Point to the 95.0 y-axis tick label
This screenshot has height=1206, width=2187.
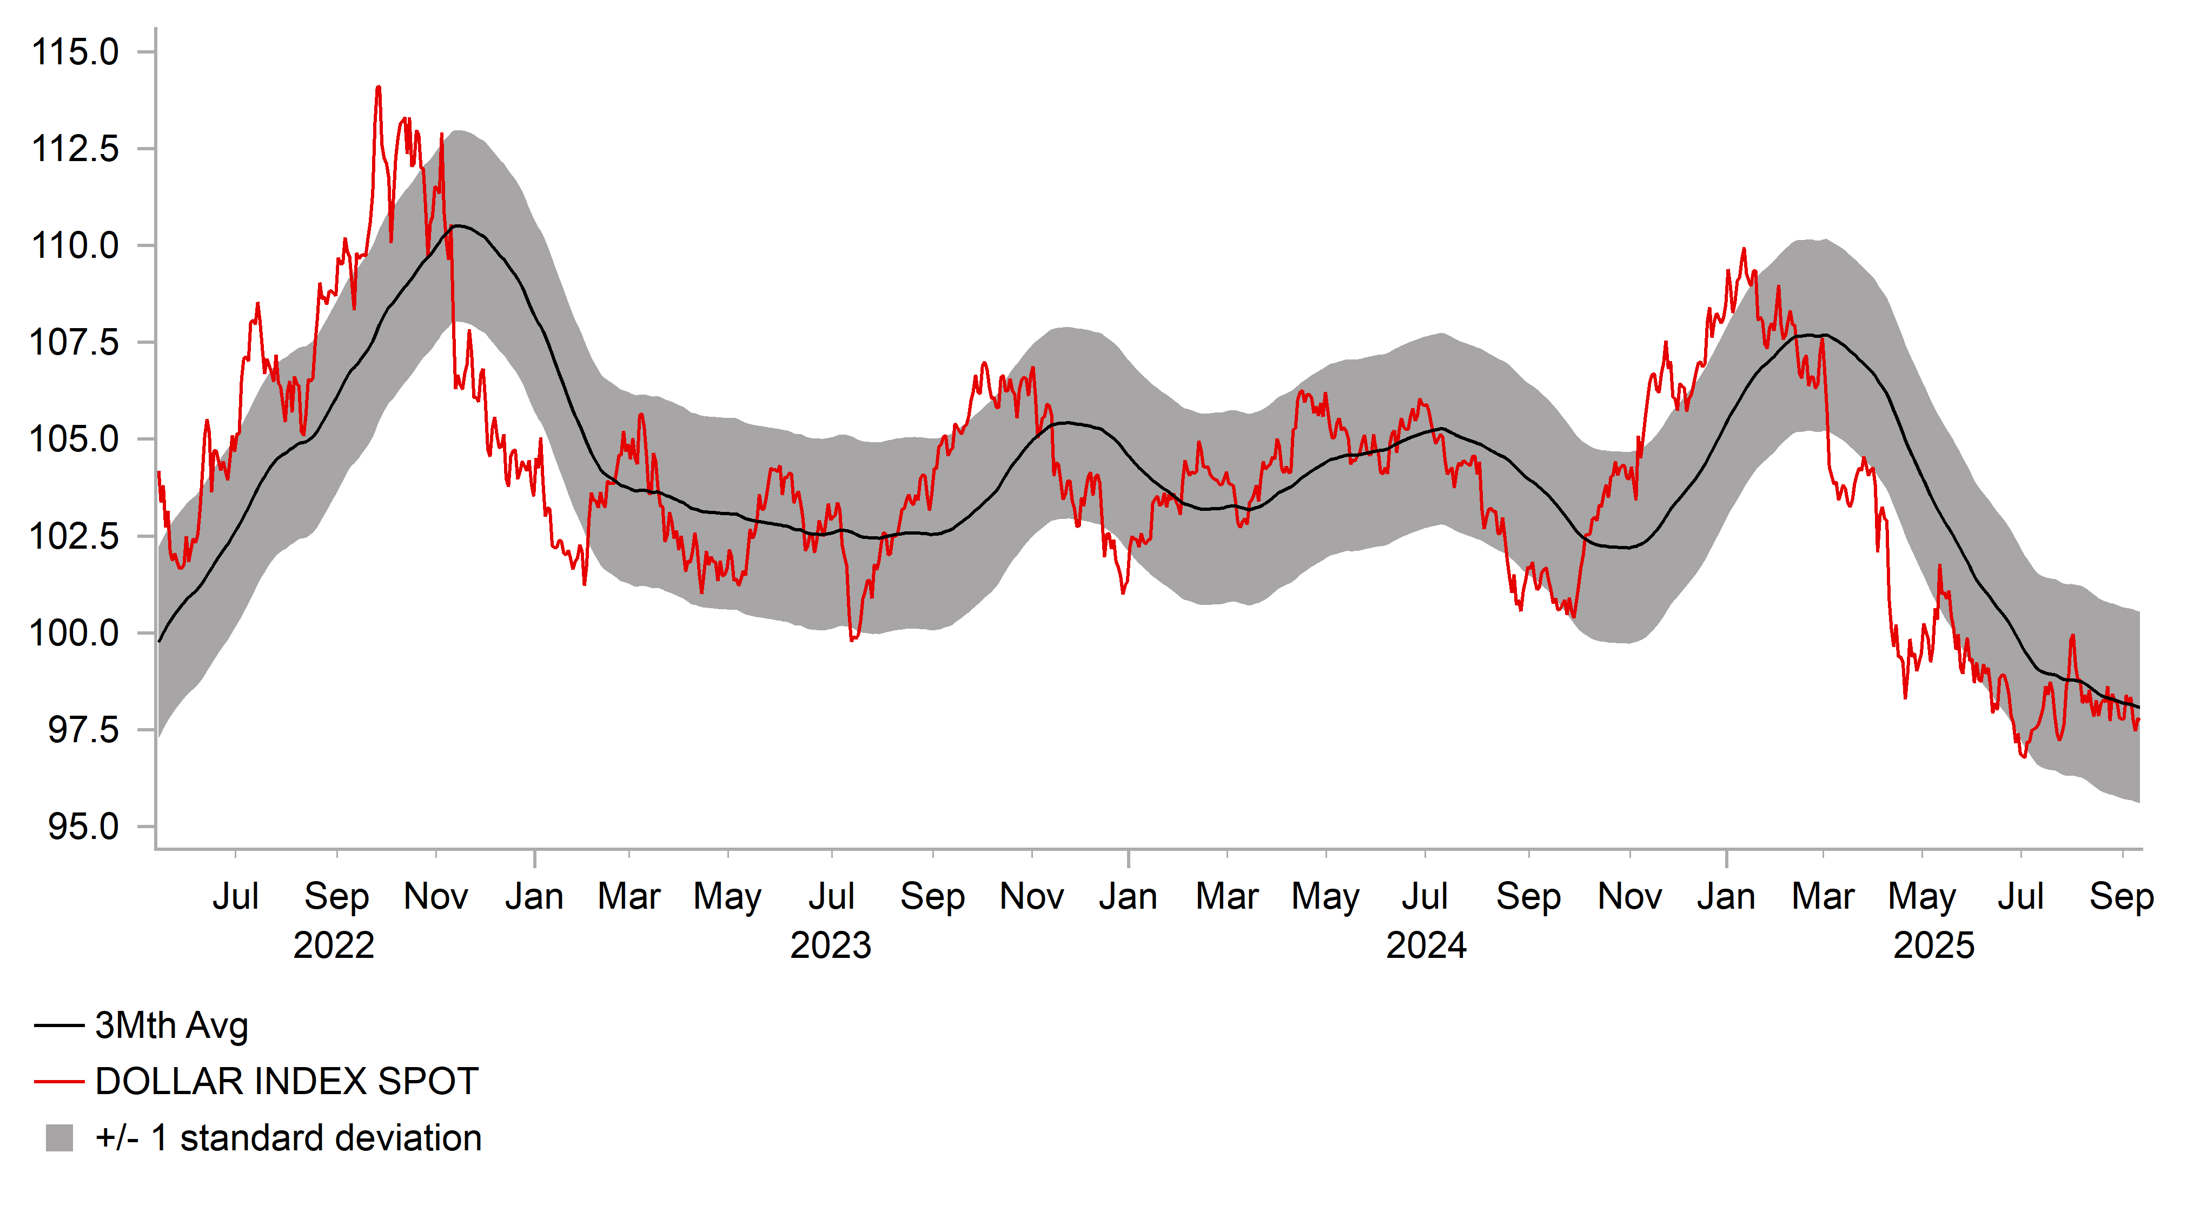(83, 827)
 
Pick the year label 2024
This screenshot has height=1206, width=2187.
(1426, 945)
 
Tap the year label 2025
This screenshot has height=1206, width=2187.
(1934, 945)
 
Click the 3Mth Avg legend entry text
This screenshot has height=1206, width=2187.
(171, 1025)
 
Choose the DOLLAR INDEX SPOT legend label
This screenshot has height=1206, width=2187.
(287, 1081)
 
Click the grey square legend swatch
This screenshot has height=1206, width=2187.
(59, 1138)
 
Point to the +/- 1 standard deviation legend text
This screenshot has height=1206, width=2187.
(289, 1138)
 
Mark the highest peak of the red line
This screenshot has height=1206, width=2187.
(378, 88)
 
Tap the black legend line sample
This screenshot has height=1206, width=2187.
(59, 1026)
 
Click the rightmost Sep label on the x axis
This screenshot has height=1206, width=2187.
(2122, 896)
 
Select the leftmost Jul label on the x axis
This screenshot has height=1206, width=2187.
(235, 896)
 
